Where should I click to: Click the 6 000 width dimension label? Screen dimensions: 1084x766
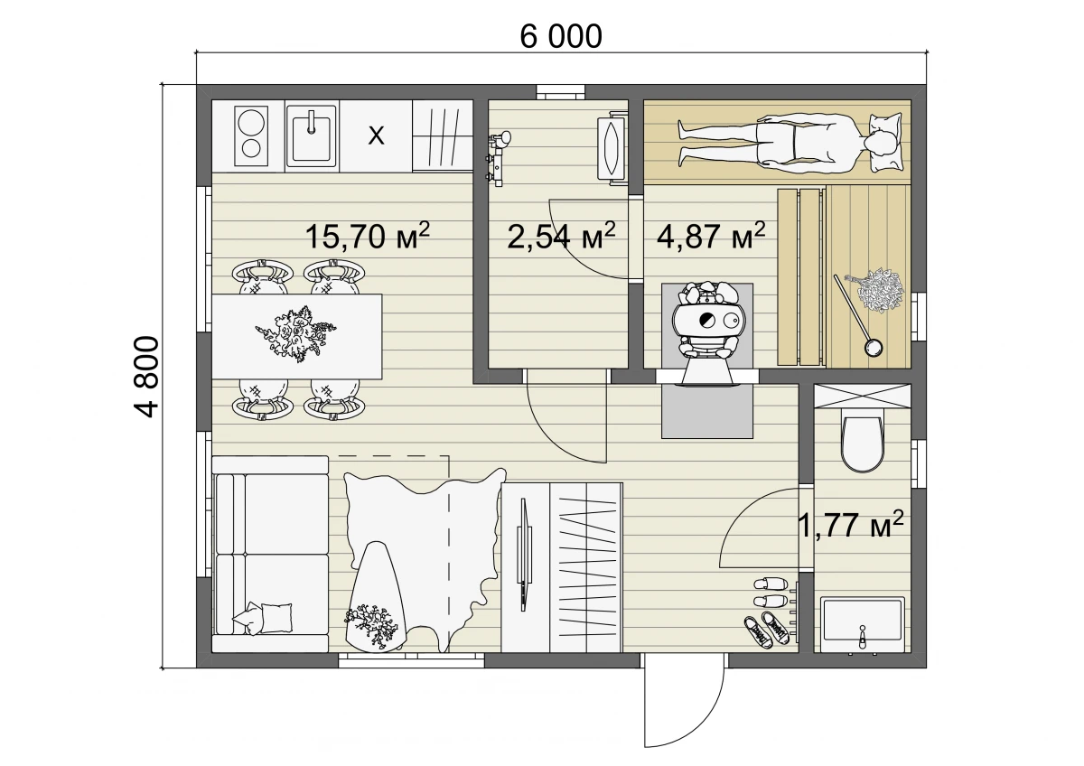point(561,36)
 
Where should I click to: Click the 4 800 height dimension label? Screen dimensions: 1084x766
point(146,377)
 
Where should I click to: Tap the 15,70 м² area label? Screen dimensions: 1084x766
point(368,236)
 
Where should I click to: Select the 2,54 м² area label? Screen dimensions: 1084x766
point(561,236)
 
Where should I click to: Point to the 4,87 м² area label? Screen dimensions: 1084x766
point(711,236)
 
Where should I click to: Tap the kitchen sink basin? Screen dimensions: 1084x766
point(311,136)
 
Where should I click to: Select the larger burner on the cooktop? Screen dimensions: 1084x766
point(251,120)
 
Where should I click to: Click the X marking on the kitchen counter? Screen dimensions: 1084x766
point(376,136)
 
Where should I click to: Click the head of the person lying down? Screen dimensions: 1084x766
point(878,145)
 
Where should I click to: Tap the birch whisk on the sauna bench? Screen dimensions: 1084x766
point(874,291)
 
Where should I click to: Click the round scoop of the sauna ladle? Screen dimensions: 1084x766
point(873,347)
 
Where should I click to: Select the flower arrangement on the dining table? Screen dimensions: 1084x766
point(295,334)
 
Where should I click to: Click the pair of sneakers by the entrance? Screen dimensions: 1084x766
point(768,629)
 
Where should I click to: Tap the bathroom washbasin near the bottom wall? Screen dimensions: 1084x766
point(862,625)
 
